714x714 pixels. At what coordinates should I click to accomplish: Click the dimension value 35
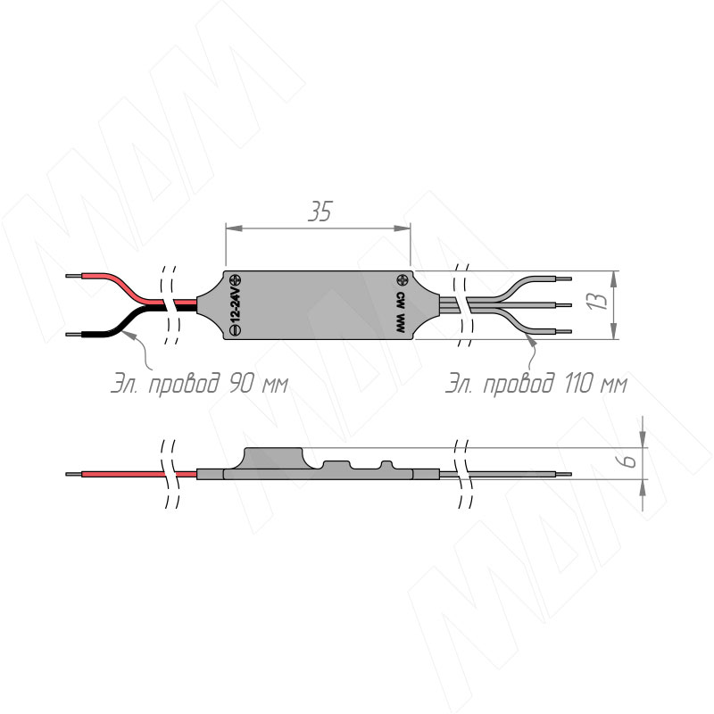[x=320, y=212]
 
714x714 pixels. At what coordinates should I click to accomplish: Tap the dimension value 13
[x=597, y=302]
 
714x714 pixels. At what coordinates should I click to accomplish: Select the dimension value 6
[x=630, y=461]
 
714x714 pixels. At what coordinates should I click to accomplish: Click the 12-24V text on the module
[x=235, y=305]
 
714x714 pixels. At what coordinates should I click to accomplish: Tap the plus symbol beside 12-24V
[x=236, y=279]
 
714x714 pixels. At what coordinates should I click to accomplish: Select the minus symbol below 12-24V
[x=236, y=331]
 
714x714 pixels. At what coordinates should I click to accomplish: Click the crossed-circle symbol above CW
[x=403, y=279]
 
